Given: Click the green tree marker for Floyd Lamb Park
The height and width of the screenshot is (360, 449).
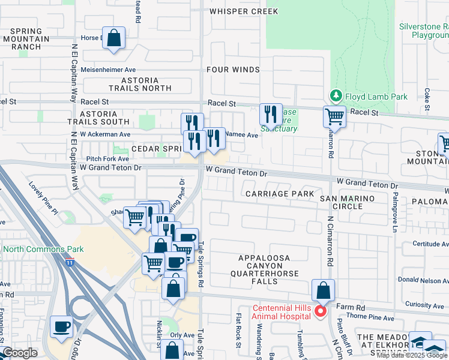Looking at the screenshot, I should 335,96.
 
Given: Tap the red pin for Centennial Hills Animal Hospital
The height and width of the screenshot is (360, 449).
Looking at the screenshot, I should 321,310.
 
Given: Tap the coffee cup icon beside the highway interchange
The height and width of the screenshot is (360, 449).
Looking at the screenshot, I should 62,327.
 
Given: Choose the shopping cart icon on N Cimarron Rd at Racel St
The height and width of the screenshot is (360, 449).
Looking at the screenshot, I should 334,116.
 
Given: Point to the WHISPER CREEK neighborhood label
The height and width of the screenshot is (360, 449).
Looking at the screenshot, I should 244,11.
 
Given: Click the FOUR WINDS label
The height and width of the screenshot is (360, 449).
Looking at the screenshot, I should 233,70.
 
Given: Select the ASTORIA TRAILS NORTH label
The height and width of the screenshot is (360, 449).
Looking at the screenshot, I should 146,84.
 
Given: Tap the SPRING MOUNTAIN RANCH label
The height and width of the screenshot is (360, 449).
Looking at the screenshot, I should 26,38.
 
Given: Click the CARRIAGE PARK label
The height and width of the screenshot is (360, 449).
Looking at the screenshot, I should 280,194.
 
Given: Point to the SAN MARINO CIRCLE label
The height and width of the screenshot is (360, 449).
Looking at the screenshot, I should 347,202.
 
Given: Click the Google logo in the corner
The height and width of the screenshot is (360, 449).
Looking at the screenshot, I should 20,352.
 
